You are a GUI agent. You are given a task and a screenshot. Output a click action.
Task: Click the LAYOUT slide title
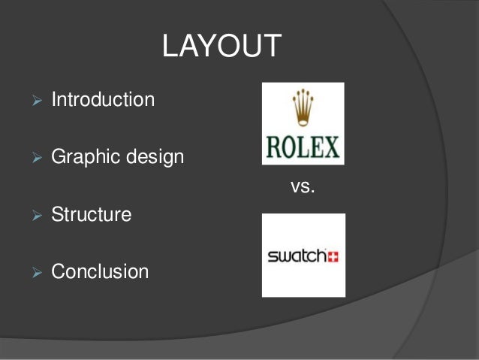point(221,47)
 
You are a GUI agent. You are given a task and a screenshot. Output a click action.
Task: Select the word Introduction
point(103,99)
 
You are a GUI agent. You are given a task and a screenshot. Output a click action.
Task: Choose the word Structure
point(91,215)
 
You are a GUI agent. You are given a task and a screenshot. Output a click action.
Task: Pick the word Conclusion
point(100,271)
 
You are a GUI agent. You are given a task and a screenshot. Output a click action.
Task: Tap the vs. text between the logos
point(302,187)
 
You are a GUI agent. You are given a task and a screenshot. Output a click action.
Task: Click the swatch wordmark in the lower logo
point(296,256)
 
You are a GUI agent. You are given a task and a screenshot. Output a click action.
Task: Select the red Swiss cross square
point(332,256)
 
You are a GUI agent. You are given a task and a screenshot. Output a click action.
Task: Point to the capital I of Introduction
point(54,99)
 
